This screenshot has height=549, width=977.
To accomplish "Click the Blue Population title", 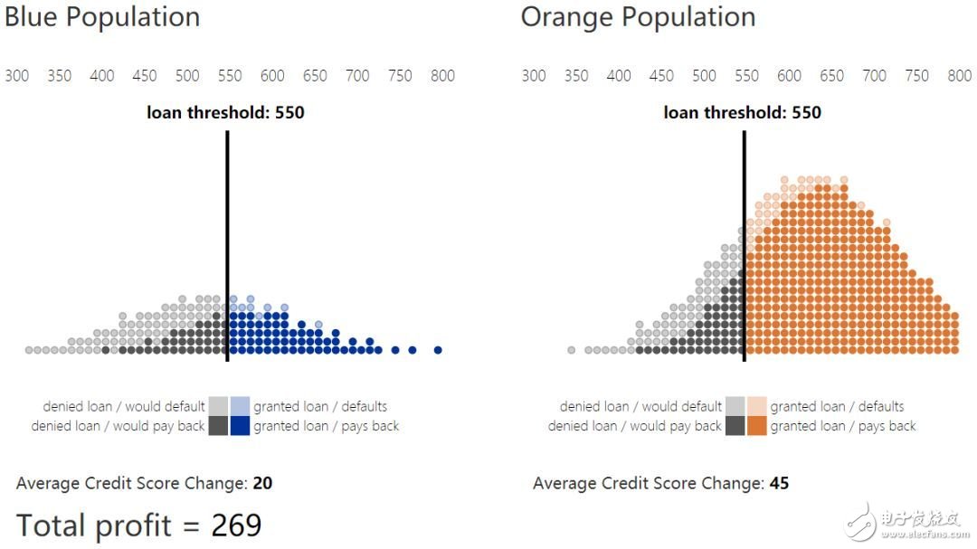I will tap(102, 17).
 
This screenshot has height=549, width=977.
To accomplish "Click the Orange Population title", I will tap(638, 17).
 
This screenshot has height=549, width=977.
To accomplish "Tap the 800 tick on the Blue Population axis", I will tap(442, 76).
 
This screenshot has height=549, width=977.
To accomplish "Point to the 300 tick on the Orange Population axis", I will tap(534, 76).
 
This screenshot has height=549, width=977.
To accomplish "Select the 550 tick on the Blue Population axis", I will tap(230, 76).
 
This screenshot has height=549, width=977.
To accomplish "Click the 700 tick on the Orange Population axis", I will tap(874, 76).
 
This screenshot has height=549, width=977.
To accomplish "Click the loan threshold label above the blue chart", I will tap(225, 113).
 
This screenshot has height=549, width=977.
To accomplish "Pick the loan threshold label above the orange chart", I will tap(742, 113).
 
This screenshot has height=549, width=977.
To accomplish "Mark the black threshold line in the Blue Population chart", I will tap(227, 244).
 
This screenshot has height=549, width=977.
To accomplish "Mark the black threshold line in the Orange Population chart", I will tap(744, 244).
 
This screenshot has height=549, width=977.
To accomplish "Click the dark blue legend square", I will tap(240, 426).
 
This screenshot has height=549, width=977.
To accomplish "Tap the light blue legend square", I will tap(240, 405).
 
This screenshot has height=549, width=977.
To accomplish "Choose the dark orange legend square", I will tap(756, 426).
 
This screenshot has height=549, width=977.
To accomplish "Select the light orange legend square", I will tap(756, 405).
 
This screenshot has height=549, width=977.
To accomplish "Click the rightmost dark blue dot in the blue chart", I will tap(438, 350).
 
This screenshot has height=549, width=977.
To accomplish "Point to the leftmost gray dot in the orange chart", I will tap(572, 350).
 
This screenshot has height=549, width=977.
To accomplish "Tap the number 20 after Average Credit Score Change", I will tap(262, 484).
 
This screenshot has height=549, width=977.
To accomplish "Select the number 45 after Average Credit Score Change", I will tap(779, 484).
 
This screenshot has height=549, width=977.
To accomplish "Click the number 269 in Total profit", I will tap(236, 525).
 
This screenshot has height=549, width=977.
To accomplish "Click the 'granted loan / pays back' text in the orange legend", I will tap(843, 426).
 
